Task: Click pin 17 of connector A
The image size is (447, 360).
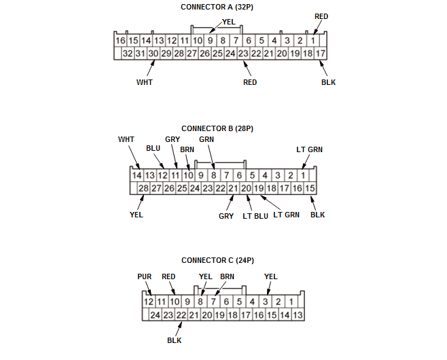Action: (x=321, y=53)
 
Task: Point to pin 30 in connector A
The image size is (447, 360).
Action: (x=154, y=53)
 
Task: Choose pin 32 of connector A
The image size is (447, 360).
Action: (x=127, y=53)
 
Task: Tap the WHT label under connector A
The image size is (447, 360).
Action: (x=144, y=82)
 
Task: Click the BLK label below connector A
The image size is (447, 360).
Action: (x=328, y=82)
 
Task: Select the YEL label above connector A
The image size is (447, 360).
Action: (x=229, y=22)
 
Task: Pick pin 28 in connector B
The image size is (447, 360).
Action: (x=143, y=188)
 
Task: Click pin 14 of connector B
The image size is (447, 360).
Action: (x=137, y=175)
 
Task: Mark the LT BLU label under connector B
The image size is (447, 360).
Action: (x=255, y=215)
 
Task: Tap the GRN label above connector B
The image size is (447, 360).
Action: (x=207, y=139)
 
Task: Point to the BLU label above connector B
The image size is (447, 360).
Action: (x=154, y=147)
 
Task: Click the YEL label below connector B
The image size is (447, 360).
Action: (x=136, y=215)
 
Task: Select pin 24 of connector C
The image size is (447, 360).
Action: (x=155, y=314)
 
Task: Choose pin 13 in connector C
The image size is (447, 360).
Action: (x=298, y=314)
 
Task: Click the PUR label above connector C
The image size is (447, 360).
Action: (x=144, y=276)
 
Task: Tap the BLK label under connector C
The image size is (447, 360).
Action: (x=175, y=340)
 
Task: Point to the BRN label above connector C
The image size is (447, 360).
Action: (x=227, y=276)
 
